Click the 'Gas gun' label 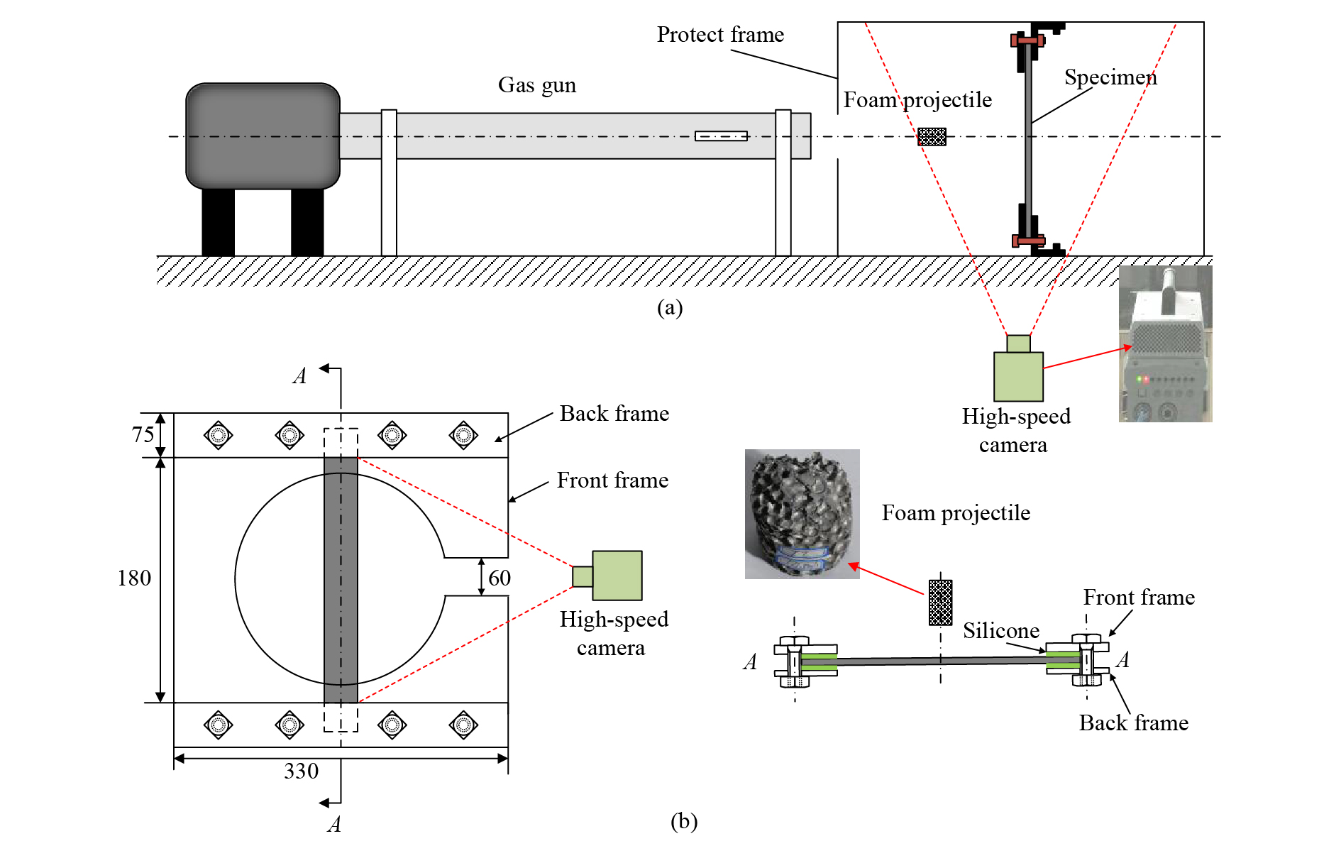pos(536,85)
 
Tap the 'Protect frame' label pos(719,35)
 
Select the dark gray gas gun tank pos(263,136)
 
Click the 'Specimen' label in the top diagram pos(1110,77)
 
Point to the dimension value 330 pos(301,771)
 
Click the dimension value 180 pos(134,578)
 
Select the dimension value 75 pos(143,434)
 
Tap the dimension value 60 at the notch pos(500,578)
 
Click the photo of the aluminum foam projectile pos(802,513)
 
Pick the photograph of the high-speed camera pos(1165,344)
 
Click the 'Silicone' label pos(1000,630)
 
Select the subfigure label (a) pos(670,307)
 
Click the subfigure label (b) pos(683,821)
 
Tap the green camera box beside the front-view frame pos(616,576)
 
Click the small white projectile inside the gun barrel pos(721,136)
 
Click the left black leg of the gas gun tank pos(218,221)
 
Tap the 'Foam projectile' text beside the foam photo pos(955,512)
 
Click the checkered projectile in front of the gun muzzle pos(932,136)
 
